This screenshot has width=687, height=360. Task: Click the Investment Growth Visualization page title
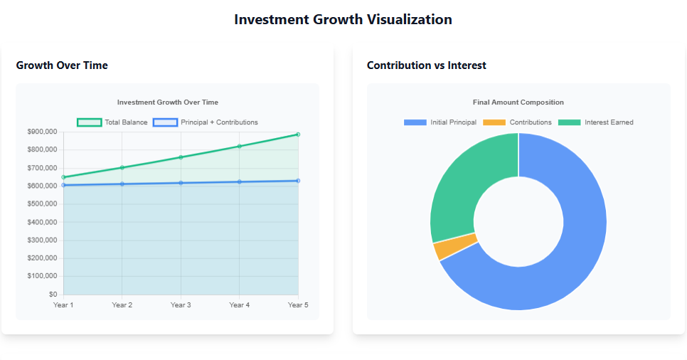click(x=343, y=19)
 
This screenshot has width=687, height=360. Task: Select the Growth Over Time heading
click(x=62, y=65)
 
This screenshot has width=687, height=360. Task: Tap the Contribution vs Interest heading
click(x=426, y=65)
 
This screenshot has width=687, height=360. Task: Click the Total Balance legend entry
click(x=112, y=122)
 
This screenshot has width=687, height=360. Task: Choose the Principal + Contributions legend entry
click(x=206, y=122)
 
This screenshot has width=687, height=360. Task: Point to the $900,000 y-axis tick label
click(x=43, y=132)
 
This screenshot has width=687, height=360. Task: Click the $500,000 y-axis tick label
click(x=43, y=204)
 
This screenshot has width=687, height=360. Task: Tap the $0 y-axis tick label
click(x=52, y=295)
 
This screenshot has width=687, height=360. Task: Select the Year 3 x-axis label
click(x=181, y=305)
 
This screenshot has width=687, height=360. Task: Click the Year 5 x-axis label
click(x=298, y=305)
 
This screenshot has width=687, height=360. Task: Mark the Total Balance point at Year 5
click(x=298, y=134)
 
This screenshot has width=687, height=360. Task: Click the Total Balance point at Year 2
click(x=122, y=167)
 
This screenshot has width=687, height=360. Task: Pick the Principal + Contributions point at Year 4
click(x=239, y=182)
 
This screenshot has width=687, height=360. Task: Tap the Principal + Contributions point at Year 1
click(x=63, y=185)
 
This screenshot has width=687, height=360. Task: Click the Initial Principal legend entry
click(x=440, y=122)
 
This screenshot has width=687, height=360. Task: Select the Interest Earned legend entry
click(x=596, y=122)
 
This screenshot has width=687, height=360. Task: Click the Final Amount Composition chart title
click(x=518, y=102)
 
